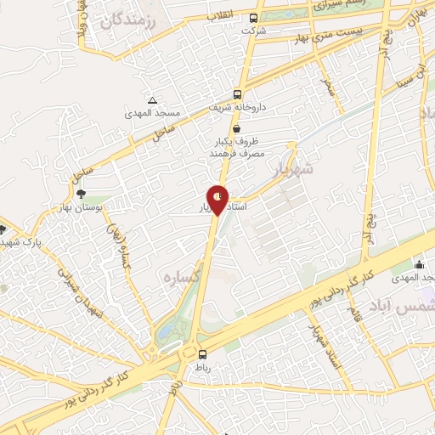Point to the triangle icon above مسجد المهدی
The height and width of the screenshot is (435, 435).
pos(152,100)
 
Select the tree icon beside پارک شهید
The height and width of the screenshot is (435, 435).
pos(3,229)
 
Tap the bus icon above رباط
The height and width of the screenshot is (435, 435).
pos(202,355)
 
